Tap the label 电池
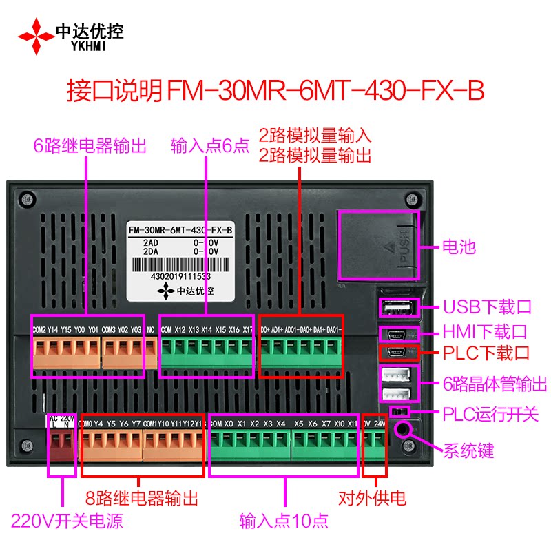click(x=459, y=247)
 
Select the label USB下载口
click(x=486, y=306)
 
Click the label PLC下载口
click(x=486, y=354)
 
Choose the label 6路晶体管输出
click(x=495, y=384)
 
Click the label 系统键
click(x=468, y=452)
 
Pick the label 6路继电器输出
click(x=90, y=145)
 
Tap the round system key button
click(x=402, y=429)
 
